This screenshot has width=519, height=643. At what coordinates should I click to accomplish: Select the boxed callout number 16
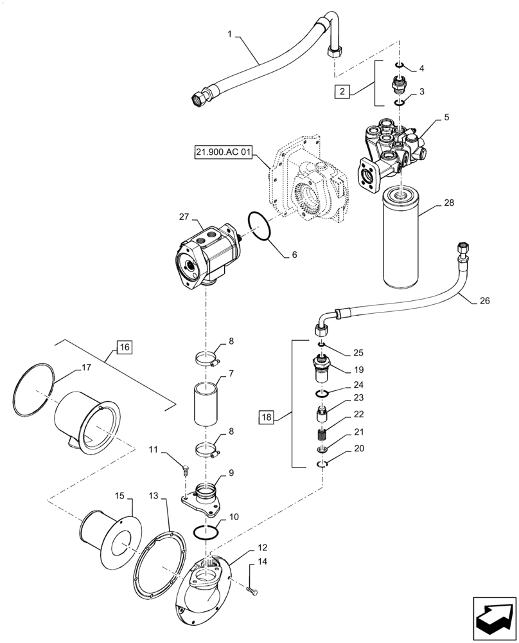pyautogui.click(x=124, y=347)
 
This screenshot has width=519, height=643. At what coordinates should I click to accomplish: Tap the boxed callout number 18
pyautogui.click(x=267, y=417)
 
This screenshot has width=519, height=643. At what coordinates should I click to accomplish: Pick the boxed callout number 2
pyautogui.click(x=344, y=91)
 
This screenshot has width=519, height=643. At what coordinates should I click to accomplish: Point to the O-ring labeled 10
pyautogui.click(x=207, y=532)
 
